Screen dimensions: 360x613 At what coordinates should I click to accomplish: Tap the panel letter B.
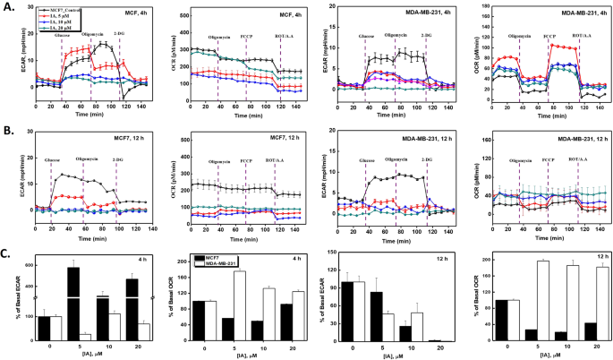point(7,130)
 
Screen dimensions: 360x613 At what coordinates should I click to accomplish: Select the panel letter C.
point(7,253)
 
